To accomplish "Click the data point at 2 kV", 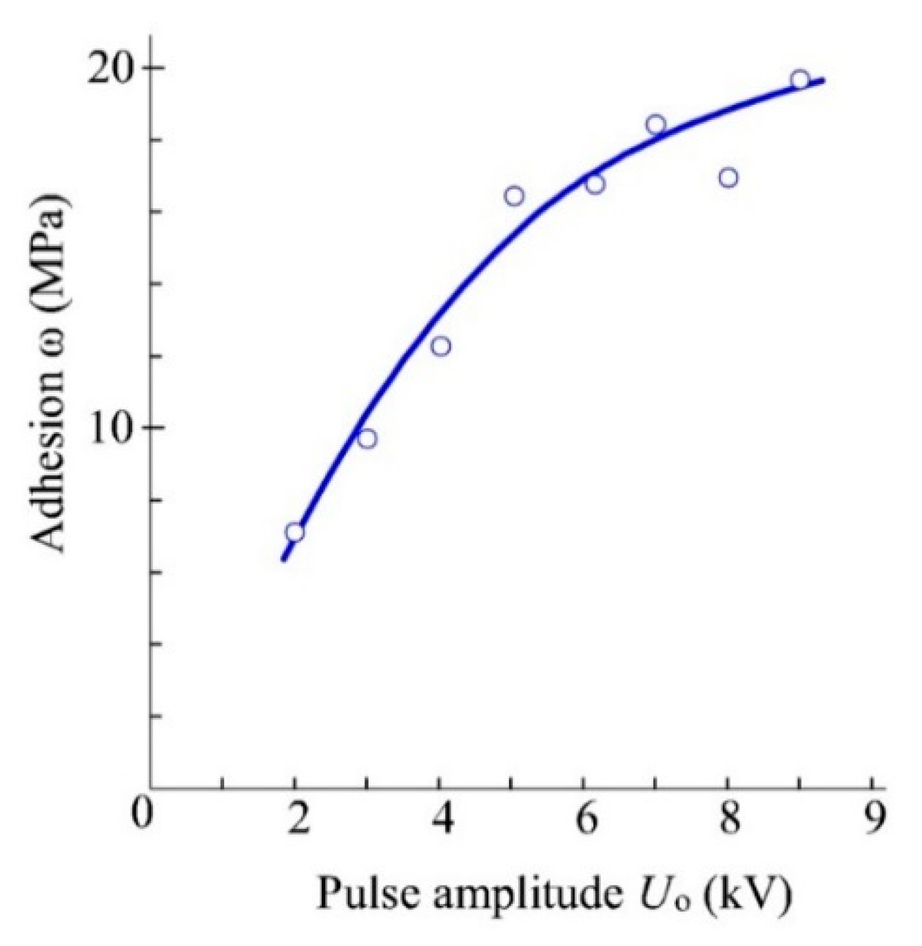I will [295, 532].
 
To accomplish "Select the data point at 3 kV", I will [367, 438].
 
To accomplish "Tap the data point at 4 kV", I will [441, 346].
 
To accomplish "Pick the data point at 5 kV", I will [514, 196].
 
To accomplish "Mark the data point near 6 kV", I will [595, 184].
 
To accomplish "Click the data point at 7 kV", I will [656, 125].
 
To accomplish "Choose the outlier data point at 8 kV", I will [728, 178].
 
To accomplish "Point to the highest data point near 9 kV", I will [800, 79].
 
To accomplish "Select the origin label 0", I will [141, 816].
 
